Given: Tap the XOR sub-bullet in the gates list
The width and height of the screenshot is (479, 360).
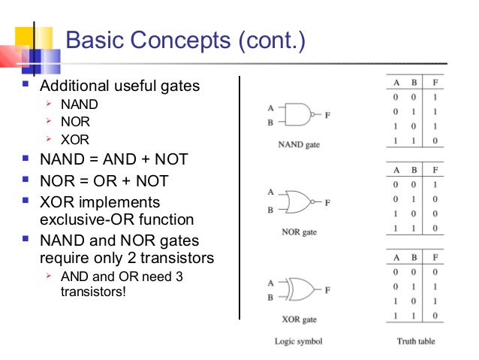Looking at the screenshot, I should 75,139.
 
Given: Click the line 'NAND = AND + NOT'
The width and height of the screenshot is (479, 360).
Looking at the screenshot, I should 113,159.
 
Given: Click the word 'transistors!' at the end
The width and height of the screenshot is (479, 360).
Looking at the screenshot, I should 94,291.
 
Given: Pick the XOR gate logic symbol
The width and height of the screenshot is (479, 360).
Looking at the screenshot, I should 300,289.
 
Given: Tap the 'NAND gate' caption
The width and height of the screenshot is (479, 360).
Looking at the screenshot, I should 299,144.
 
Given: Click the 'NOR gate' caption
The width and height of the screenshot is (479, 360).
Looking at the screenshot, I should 299,232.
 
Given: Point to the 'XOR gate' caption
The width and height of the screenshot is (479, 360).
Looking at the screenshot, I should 299,319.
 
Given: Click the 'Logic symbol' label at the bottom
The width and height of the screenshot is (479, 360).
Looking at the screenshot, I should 299,341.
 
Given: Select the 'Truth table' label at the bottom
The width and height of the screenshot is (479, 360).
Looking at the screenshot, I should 416,341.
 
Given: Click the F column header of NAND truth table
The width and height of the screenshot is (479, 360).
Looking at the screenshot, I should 436,83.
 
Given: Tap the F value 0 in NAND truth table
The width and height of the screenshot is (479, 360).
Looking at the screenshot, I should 436,141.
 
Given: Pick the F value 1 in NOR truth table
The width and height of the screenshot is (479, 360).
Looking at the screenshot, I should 436,184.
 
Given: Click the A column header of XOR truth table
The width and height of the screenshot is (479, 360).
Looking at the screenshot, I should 394,257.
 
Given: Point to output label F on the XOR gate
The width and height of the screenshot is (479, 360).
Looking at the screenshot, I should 327,289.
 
